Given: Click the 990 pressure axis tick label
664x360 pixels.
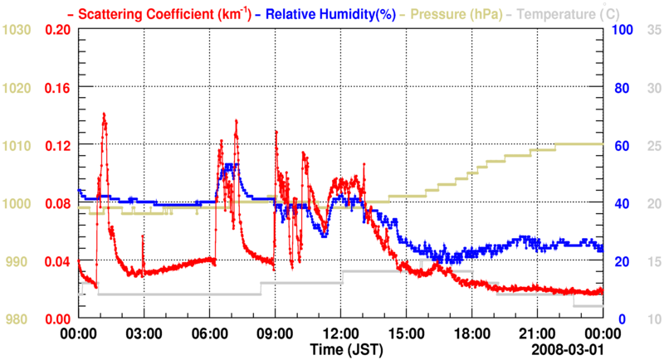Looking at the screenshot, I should pyautogui.click(x=17, y=261).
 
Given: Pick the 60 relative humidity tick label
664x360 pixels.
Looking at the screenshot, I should pyautogui.click(x=622, y=145).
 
